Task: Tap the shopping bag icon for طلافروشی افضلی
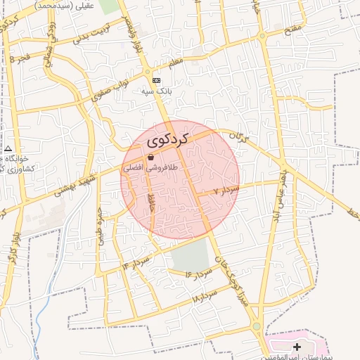point(151,157)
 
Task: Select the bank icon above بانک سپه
point(156,80)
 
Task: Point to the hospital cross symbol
point(297,347)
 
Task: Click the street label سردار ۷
point(226,191)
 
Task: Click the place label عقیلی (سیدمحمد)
point(50,6)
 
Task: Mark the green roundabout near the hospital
point(256,326)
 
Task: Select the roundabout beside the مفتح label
point(262,36)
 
